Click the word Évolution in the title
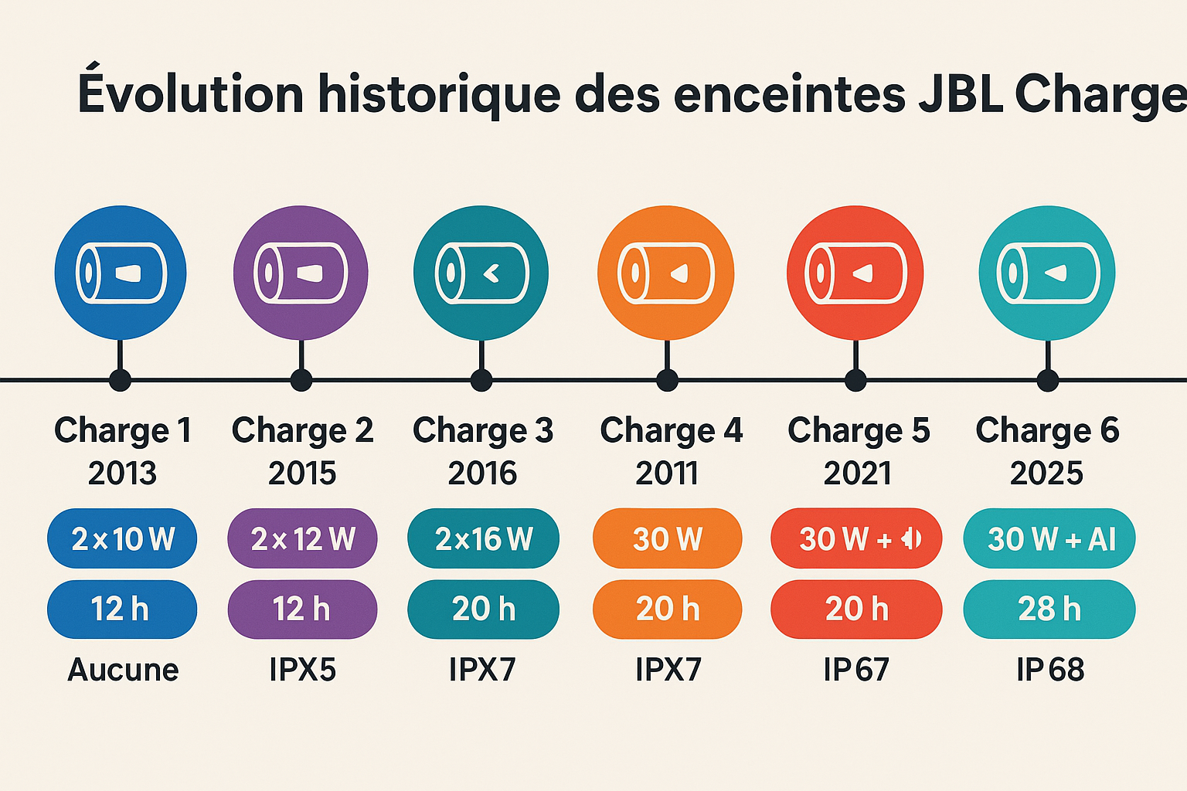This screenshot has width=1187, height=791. click(x=191, y=93)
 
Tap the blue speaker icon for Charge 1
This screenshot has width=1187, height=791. click(x=121, y=273)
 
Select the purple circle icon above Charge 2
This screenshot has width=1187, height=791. click(x=301, y=273)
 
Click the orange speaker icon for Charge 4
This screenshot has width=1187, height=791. click(x=666, y=273)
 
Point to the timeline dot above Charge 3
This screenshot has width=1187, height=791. click(x=481, y=380)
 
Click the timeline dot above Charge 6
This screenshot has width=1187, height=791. click(x=1047, y=380)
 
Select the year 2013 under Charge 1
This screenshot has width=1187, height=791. click(x=122, y=473)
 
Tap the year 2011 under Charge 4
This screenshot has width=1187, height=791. click(x=667, y=473)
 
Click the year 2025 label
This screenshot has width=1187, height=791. click(x=1046, y=473)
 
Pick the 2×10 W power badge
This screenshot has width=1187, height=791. click(x=122, y=538)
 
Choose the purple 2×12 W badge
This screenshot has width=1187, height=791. click(x=302, y=538)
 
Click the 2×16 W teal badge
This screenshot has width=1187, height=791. click(x=483, y=538)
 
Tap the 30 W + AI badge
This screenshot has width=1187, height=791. click(x=1049, y=538)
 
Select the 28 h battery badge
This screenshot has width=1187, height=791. click(x=1049, y=609)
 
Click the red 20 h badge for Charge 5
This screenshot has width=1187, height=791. click(x=856, y=609)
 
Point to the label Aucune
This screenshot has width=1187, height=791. click(x=123, y=670)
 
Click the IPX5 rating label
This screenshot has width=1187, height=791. click(x=302, y=670)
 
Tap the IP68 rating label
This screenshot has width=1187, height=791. click(x=1049, y=670)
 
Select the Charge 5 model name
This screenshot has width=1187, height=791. click(x=858, y=430)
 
